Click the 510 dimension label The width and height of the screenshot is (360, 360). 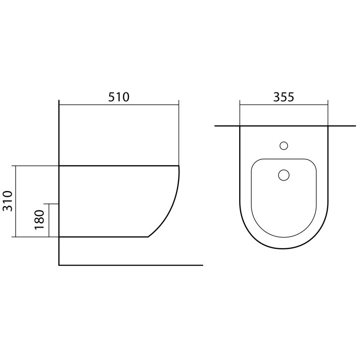119,97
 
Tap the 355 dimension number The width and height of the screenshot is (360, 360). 284,97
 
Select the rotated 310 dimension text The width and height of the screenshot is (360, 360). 8,201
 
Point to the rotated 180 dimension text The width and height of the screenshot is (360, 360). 39,220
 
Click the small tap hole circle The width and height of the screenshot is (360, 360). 284,146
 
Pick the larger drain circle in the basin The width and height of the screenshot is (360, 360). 284,175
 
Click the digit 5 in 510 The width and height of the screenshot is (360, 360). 112,97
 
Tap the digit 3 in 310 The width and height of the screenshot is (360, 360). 8,208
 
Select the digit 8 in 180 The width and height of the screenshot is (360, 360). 39,220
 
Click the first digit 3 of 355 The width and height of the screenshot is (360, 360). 277,97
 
